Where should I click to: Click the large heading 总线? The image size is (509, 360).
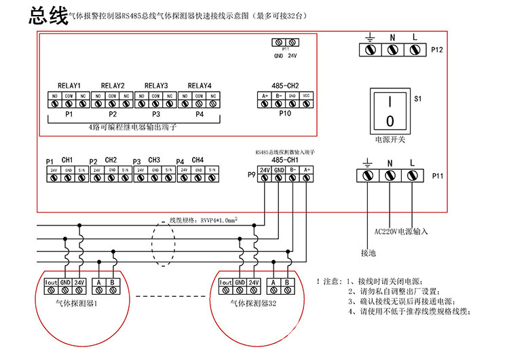(48, 17)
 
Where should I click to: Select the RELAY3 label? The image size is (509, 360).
(156, 86)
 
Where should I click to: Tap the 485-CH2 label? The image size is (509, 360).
(285, 86)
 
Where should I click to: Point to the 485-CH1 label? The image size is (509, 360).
(285, 160)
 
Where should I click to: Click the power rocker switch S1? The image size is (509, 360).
(390, 111)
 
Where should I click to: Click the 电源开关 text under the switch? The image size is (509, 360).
(390, 139)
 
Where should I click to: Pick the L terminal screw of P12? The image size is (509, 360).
(414, 50)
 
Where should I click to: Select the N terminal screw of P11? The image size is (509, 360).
(390, 175)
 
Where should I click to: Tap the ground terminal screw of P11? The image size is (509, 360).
(368, 175)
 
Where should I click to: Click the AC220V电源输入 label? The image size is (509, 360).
(402, 231)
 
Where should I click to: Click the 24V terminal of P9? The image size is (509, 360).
(264, 179)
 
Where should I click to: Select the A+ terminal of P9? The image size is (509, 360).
(307, 179)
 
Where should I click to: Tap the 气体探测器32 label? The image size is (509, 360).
(254, 304)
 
